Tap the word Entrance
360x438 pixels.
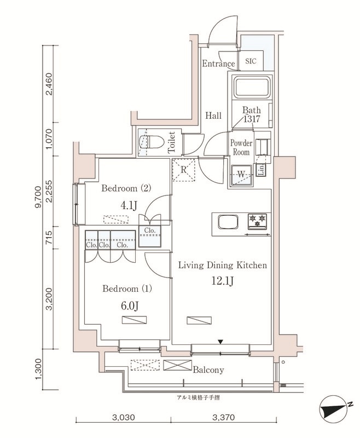218,64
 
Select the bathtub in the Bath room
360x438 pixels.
251,88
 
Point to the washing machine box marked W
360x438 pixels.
241,175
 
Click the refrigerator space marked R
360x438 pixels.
184,170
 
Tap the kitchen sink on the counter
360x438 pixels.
227,223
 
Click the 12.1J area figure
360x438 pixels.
223,281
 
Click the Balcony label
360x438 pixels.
208,370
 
